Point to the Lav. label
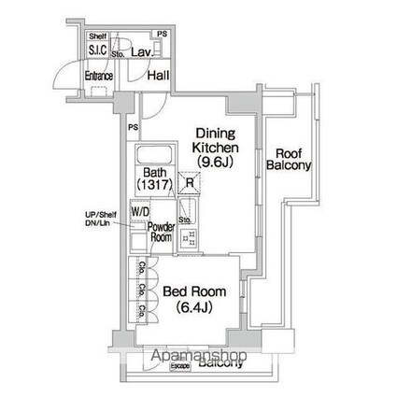(142, 54)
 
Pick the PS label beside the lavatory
(163, 35)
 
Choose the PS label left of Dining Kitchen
(133, 127)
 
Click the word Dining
(216, 133)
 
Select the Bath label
(155, 173)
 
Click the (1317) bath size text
(155, 186)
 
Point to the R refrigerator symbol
(191, 183)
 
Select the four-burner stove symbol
(190, 238)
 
